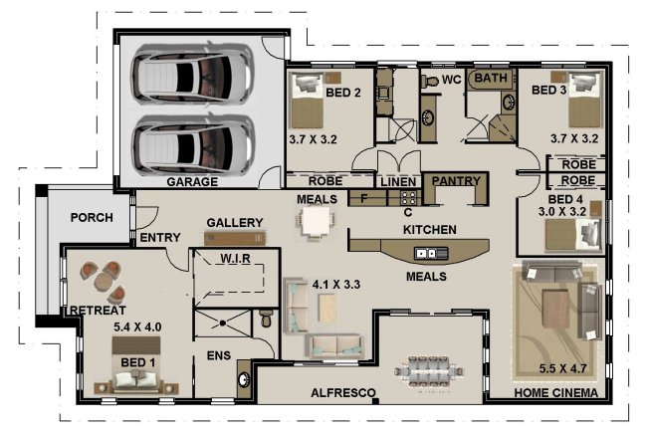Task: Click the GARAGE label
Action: point(191,183)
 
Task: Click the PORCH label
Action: point(92,218)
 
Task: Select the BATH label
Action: point(491,78)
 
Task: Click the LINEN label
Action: point(398,182)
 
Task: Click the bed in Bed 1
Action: point(138,375)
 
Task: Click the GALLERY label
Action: point(234,222)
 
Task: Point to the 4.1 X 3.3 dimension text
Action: point(336,284)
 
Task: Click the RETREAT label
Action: point(97,311)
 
